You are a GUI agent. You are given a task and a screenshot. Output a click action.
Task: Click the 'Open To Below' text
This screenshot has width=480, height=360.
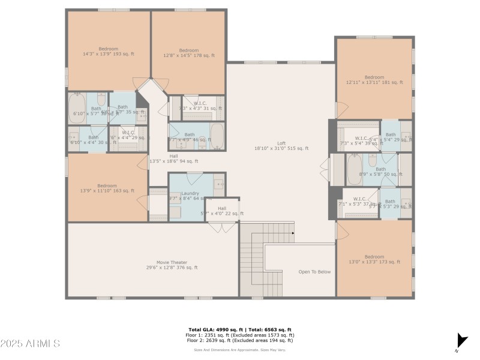tap(314, 272)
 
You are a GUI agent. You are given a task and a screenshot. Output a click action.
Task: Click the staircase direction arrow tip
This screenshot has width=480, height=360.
tap(293, 232)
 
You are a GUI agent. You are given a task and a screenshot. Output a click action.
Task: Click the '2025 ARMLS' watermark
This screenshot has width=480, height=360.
tap(30, 344)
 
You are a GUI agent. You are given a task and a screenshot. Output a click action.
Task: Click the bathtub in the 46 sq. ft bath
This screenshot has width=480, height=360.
tap(217, 136)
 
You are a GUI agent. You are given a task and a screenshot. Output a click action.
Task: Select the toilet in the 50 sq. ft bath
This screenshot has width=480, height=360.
tap(373, 160)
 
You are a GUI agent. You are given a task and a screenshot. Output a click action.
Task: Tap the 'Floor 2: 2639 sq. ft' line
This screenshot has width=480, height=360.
tap(239, 340)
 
